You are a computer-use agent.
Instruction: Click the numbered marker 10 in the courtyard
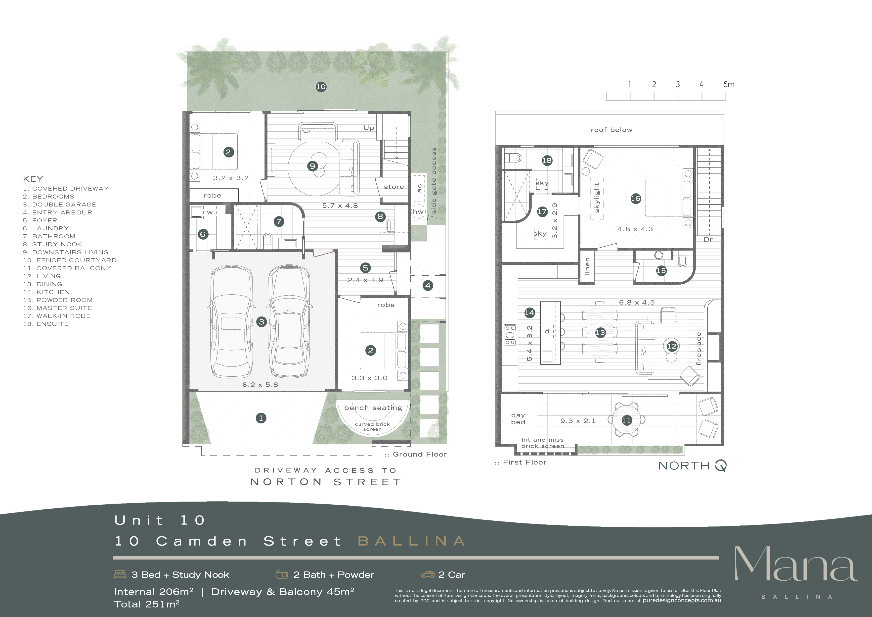321,87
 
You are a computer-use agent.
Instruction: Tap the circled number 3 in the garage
261,322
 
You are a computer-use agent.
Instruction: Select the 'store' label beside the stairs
394,187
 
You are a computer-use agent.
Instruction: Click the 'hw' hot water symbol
418,212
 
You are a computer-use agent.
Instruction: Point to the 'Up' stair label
369,128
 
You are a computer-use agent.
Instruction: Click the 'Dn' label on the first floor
709,240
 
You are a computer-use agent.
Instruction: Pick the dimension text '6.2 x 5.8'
260,385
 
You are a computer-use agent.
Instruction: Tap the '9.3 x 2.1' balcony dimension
578,421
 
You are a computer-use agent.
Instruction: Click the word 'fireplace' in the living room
698,349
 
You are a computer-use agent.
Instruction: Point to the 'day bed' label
518,418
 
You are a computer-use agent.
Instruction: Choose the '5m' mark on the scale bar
729,84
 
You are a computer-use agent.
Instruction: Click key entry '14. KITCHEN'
46,292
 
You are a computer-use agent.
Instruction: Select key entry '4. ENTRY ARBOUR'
57,212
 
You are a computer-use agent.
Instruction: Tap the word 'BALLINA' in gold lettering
412,541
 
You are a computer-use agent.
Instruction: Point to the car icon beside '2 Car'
428,574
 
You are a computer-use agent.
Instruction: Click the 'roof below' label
611,130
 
